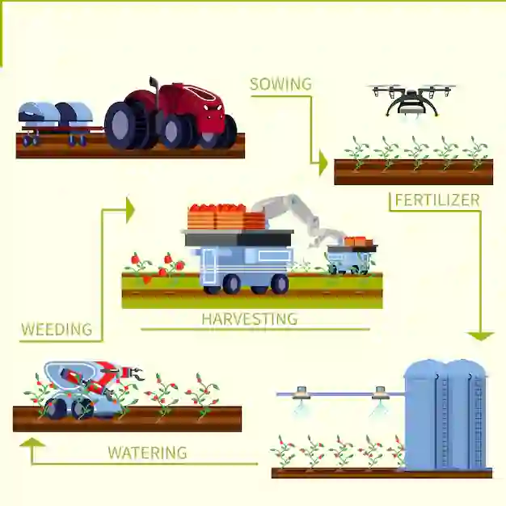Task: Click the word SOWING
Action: coord(280,84)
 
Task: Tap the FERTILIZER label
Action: coord(436,200)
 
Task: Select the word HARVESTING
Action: coord(249,318)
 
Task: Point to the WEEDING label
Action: coord(57,329)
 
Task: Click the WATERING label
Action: coord(147,453)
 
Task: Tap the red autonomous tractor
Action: coord(174,116)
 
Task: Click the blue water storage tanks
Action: coord(445,415)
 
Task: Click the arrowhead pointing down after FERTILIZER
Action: coord(482,335)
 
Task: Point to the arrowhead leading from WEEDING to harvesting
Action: coord(129,209)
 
